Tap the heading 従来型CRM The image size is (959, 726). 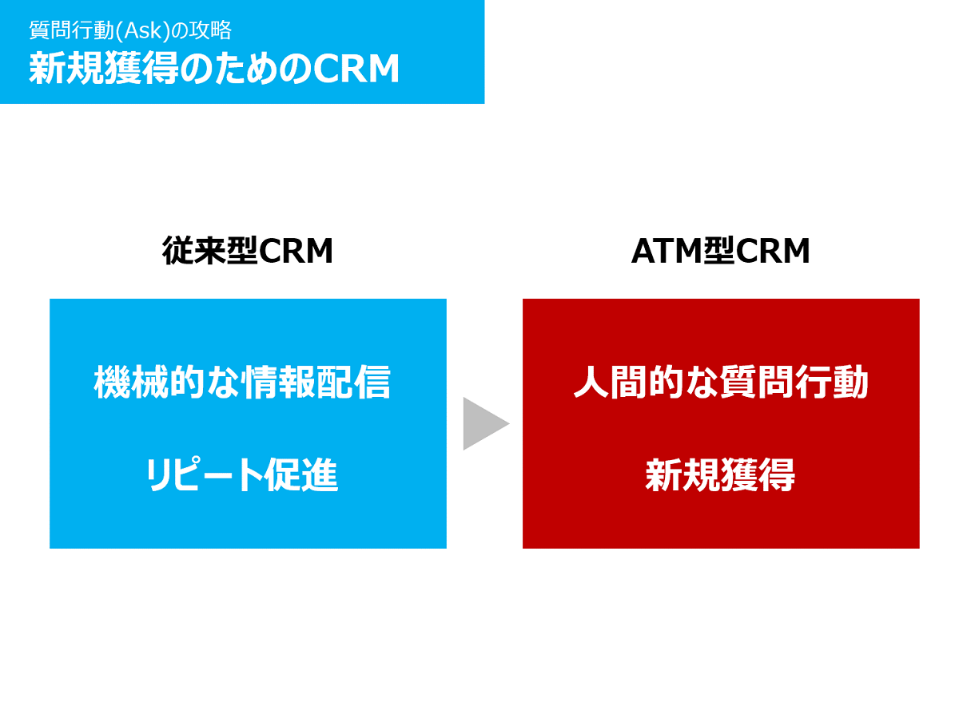tap(246, 249)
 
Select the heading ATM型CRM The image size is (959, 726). tap(715, 249)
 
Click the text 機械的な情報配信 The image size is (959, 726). tap(241, 379)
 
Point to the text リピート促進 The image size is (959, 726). tap(241, 471)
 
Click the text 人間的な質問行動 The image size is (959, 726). tap(715, 379)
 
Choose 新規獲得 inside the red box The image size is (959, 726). tap(715, 471)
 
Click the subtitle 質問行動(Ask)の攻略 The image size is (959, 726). tap(129, 30)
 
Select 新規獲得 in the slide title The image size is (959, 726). tap(104, 68)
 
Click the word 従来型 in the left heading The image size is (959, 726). tap(209, 249)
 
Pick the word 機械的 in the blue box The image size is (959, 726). tap(148, 379)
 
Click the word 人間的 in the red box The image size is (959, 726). tap(623, 379)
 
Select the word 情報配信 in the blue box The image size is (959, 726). tap(315, 379)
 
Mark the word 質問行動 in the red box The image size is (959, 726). tap(789, 379)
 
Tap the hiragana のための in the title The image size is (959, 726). tap(245, 69)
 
